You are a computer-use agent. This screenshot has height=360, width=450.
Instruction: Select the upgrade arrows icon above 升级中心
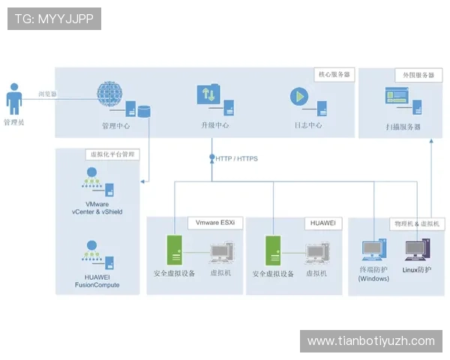pos(208,95)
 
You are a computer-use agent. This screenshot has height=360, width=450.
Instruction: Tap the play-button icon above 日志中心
pos(299,96)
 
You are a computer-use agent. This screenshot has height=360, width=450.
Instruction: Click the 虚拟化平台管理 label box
pos(112,154)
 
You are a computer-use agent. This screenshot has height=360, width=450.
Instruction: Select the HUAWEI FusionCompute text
pos(97,280)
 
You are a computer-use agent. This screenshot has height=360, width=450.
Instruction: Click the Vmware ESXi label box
pos(214,223)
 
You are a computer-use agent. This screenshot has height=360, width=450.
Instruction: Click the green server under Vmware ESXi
pos(174,249)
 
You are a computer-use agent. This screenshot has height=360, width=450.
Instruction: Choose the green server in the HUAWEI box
pos(272,249)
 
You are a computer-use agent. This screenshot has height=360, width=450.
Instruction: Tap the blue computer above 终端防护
pos(373,250)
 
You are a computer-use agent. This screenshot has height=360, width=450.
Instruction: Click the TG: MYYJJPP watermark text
pos(54,19)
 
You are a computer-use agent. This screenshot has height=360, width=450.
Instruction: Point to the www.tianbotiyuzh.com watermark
pos(370,341)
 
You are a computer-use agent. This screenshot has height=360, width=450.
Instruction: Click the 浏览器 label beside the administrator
pos(47,95)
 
